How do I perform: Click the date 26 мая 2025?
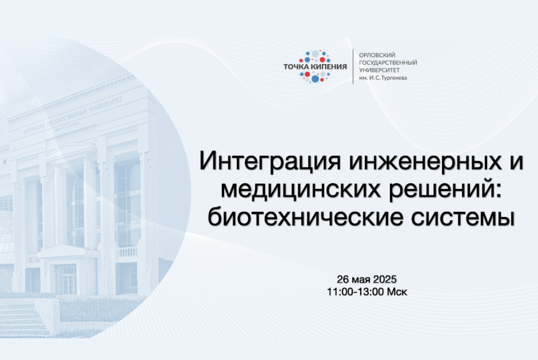(x=366, y=279)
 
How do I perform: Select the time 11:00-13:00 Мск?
(x=366, y=291)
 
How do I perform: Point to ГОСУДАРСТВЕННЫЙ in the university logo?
(x=388, y=62)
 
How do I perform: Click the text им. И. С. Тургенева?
(x=383, y=77)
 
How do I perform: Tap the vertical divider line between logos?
(x=353, y=66)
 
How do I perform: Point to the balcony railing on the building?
(x=127, y=252)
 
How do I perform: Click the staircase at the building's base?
(x=23, y=317)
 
